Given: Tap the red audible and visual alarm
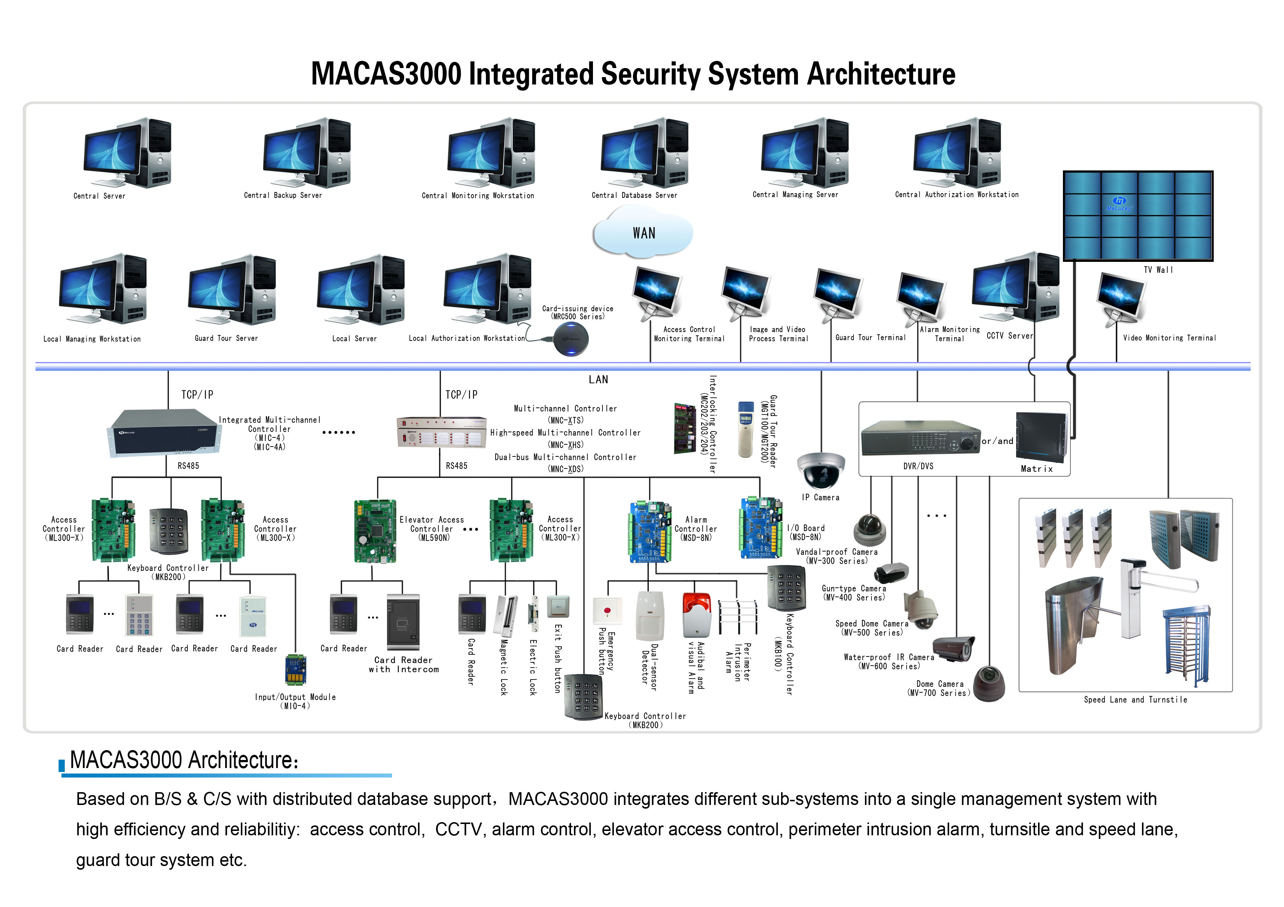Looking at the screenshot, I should pos(697,615).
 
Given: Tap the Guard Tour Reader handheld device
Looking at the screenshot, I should pos(746,429).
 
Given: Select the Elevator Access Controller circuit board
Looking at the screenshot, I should pos(375,531).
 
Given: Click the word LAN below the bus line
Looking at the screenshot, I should pos(598,380).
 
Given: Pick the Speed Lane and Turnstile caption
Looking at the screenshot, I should pos(1135,700).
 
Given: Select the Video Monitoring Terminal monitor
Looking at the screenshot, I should pos(1121,297).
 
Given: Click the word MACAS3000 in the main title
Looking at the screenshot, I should pos(386,74).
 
